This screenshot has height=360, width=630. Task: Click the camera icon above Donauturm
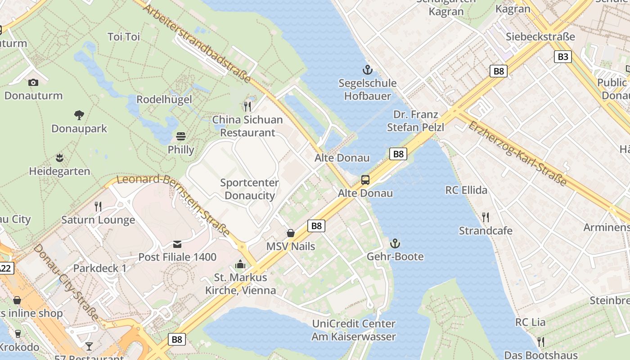point(33,82)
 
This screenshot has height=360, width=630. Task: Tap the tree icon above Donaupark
point(79,115)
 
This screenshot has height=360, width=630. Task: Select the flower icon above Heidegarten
point(59,158)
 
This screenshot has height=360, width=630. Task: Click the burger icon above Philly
point(181,136)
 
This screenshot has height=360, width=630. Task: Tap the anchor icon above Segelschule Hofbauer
point(368,70)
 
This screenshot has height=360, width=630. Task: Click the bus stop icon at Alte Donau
point(365,180)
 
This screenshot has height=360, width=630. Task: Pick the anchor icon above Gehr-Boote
point(395,243)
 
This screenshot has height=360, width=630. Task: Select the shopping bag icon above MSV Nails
point(291,233)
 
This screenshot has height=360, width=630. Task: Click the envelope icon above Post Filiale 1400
point(177,244)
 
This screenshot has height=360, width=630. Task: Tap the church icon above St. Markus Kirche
point(240,264)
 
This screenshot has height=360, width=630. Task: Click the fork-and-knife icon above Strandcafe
point(486,217)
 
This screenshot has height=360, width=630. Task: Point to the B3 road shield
point(562,57)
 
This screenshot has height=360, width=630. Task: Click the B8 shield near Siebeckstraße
point(499,71)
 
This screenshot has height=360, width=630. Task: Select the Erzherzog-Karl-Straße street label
point(517,153)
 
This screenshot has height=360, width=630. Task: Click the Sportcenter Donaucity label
point(249,189)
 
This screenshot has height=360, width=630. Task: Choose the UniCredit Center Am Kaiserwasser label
point(354,330)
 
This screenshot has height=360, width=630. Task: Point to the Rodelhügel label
point(164,99)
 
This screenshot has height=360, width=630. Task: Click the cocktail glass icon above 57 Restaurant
point(89,346)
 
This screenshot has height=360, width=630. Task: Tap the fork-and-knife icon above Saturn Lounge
point(98,207)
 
